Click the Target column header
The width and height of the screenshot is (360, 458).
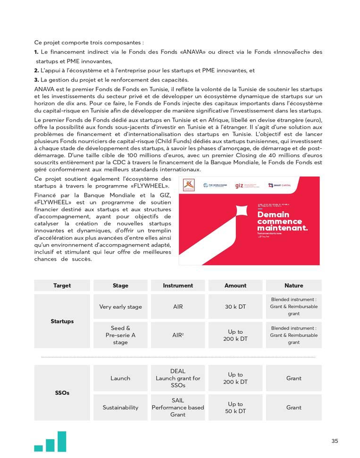(62, 285)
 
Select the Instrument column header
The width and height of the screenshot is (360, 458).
(178, 285)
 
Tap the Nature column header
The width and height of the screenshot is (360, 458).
(293, 285)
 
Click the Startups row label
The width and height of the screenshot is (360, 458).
(62, 321)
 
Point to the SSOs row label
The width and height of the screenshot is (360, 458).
(62, 393)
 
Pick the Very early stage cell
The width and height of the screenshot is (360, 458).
(120, 306)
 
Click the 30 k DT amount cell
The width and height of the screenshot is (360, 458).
(235, 306)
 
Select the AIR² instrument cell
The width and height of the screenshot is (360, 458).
(178, 335)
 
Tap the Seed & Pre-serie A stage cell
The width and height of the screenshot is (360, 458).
(120, 335)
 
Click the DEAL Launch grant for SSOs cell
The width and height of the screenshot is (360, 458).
(178, 378)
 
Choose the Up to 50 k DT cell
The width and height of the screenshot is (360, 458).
(235, 407)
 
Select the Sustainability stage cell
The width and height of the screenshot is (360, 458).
(120, 407)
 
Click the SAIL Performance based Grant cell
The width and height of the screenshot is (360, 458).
(178, 407)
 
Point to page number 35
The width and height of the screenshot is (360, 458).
(335, 441)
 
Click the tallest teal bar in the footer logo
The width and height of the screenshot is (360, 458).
(61, 441)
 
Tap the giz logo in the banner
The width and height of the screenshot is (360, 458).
(246, 186)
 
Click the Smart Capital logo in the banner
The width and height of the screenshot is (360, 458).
(283, 186)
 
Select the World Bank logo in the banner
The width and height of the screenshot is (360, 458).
(215, 186)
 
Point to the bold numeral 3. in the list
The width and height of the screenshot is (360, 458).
(36, 80)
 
